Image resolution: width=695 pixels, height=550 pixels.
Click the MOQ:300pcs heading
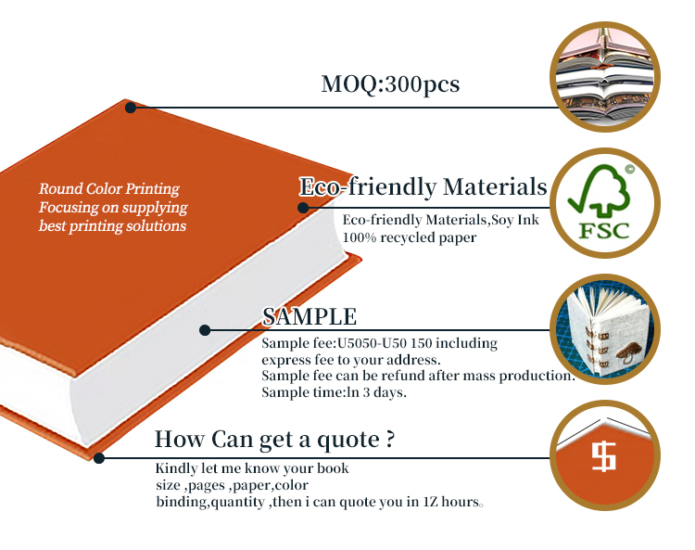[x=390, y=84]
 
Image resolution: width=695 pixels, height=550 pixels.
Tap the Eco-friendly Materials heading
[x=423, y=186]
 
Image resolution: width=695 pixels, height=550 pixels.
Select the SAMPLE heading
[x=310, y=316]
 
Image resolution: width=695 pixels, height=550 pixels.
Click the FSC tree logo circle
[x=605, y=203]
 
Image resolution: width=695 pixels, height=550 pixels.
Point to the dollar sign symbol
[x=603, y=456]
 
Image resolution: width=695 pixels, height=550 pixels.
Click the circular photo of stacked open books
[x=605, y=77]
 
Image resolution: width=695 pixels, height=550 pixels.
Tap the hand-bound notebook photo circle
[x=605, y=329]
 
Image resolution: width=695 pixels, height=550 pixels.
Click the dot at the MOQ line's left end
[x=131, y=108]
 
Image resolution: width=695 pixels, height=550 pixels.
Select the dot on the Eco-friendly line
[x=303, y=208]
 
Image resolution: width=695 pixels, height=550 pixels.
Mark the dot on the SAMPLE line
[x=205, y=330]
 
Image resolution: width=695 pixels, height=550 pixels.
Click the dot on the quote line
[x=99, y=458]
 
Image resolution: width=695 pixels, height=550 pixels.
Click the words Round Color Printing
[x=109, y=189]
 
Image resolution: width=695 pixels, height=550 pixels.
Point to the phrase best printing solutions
[x=112, y=226]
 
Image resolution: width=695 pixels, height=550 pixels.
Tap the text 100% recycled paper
[x=409, y=237]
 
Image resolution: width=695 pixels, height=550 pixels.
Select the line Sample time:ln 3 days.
[x=334, y=392]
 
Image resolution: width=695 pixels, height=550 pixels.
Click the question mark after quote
[x=389, y=438]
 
